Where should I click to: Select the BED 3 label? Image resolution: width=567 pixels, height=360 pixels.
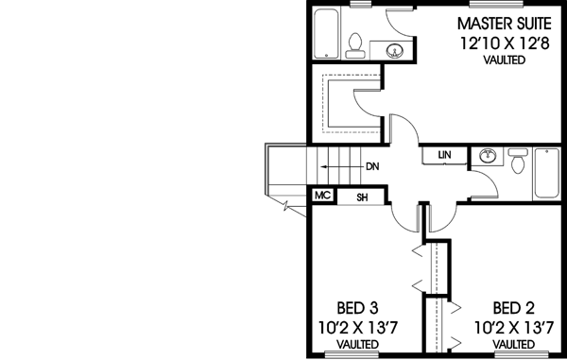(x=358, y=308)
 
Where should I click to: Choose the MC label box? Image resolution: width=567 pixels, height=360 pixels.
(x=321, y=197)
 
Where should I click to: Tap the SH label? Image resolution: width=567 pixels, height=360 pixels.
(x=360, y=197)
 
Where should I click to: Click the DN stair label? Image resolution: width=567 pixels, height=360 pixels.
(x=372, y=166)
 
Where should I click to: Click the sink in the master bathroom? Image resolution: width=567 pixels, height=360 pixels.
(x=395, y=50)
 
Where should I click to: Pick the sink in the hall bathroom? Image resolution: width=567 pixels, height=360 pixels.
(x=489, y=156)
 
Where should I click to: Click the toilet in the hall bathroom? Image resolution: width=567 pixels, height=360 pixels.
(x=518, y=163)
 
